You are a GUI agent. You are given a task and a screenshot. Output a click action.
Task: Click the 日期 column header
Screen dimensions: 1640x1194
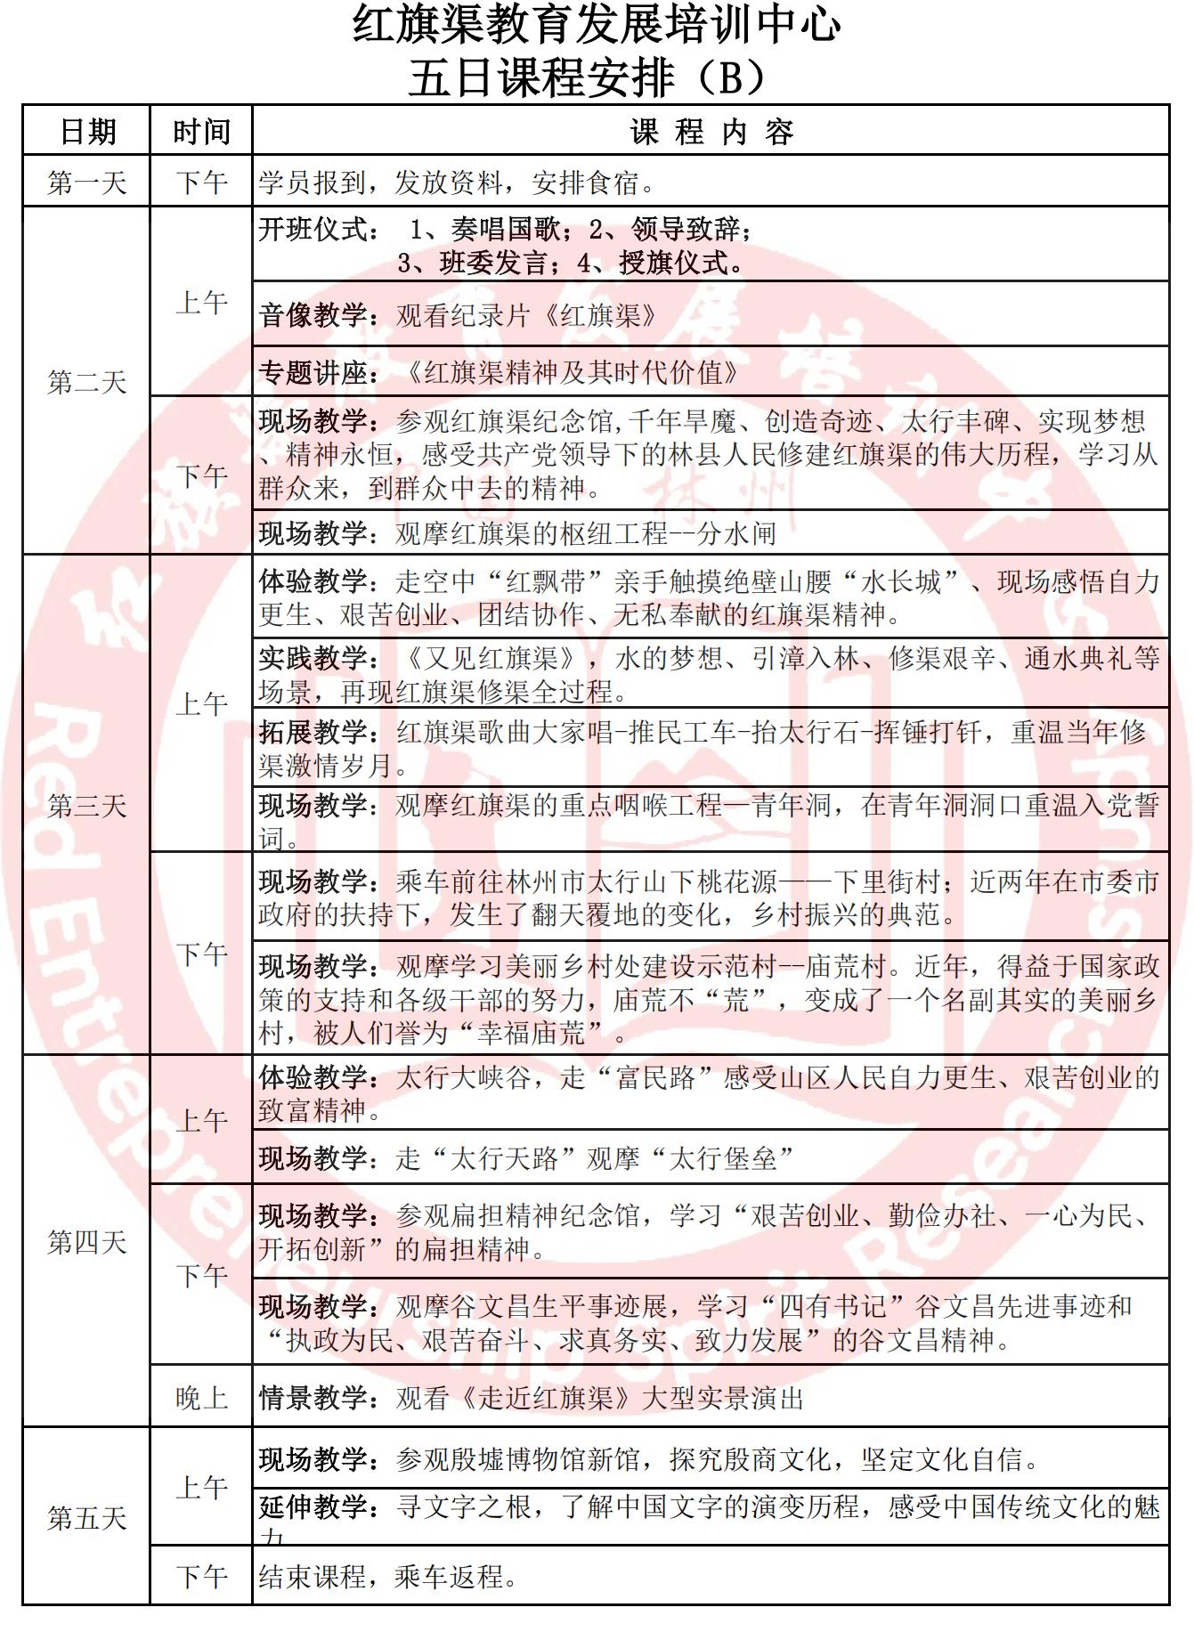coord(87,132)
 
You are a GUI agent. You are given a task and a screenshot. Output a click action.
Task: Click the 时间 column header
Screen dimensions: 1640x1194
coord(201,132)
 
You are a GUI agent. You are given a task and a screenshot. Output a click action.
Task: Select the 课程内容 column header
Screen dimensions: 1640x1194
coord(711,132)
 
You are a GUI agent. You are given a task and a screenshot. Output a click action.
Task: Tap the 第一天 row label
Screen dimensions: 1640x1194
coord(87,183)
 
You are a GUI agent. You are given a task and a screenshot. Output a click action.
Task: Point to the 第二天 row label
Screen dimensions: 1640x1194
coord(87,382)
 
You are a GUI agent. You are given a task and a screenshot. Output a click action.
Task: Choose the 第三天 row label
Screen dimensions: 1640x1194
coord(87,806)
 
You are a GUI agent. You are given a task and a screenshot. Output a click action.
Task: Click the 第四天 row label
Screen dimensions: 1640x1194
coord(87,1241)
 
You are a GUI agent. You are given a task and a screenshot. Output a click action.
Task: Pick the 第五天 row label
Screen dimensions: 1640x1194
coord(87,1517)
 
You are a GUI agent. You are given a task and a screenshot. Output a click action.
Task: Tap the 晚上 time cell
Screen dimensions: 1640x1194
coord(201,1398)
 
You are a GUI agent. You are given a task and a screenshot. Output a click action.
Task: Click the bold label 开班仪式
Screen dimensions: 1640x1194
coord(313,230)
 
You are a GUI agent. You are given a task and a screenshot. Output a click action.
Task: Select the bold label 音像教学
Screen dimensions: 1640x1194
coord(313,315)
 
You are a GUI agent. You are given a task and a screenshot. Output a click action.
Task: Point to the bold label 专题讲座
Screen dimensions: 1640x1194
coord(313,372)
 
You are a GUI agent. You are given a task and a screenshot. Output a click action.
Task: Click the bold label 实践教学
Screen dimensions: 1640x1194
coord(313,659)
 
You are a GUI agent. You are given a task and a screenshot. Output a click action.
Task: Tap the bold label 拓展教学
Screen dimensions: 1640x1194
coord(313,733)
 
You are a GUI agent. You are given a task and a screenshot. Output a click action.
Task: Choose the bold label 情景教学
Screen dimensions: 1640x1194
coord(313,1398)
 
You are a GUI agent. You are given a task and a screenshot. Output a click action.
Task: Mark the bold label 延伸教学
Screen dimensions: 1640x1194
coord(313,1506)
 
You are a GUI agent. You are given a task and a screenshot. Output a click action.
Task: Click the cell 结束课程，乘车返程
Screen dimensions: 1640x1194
coord(388,1577)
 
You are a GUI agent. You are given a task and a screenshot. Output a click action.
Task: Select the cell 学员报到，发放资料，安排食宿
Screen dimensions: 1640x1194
coord(458,183)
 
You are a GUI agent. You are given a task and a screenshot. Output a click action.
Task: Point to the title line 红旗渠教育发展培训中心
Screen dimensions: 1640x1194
coord(597,25)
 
